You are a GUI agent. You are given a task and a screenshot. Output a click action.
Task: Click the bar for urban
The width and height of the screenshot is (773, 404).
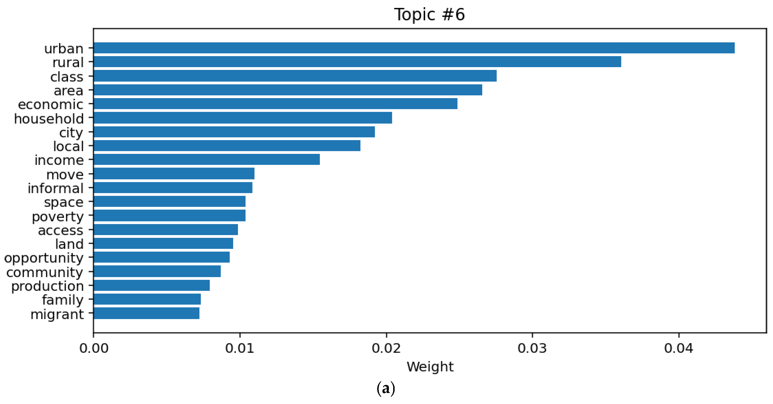tap(414, 48)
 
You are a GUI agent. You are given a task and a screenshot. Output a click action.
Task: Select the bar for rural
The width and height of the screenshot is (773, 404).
tap(357, 62)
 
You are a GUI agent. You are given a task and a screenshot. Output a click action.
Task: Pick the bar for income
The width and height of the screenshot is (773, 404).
tap(207, 160)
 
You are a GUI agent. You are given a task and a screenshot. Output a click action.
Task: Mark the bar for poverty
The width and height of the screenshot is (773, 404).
tap(170, 215)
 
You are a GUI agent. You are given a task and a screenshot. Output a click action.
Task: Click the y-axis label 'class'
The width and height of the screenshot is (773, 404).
tap(67, 77)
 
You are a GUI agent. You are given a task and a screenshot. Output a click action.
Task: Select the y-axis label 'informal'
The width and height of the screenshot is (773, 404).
tap(55, 189)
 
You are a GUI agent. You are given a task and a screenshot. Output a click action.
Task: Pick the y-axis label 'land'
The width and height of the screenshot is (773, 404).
tap(69, 244)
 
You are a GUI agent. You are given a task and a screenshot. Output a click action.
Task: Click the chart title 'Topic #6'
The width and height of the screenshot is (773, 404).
tap(429, 14)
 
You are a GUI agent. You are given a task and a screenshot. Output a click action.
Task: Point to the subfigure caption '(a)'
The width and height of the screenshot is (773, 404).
tap(386, 389)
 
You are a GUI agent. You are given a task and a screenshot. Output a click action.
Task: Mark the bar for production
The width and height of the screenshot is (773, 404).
tap(151, 285)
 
